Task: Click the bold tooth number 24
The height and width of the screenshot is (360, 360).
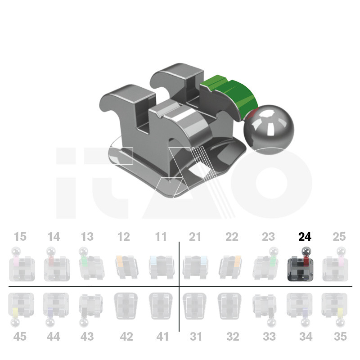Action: pyautogui.click(x=305, y=237)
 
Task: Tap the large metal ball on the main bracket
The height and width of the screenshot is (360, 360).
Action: pyautogui.click(x=269, y=129)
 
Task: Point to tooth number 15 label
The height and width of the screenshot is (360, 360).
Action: pyautogui.click(x=20, y=237)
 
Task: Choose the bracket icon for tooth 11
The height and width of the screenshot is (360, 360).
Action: pyautogui.click(x=162, y=267)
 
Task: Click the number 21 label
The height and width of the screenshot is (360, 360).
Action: pyautogui.click(x=195, y=237)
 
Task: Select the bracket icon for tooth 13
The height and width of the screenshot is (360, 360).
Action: pyautogui.click(x=91, y=264)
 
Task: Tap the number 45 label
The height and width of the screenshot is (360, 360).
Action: pyautogui.click(x=19, y=337)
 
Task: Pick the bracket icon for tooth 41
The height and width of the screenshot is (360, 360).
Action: pyautogui.click(x=161, y=306)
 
